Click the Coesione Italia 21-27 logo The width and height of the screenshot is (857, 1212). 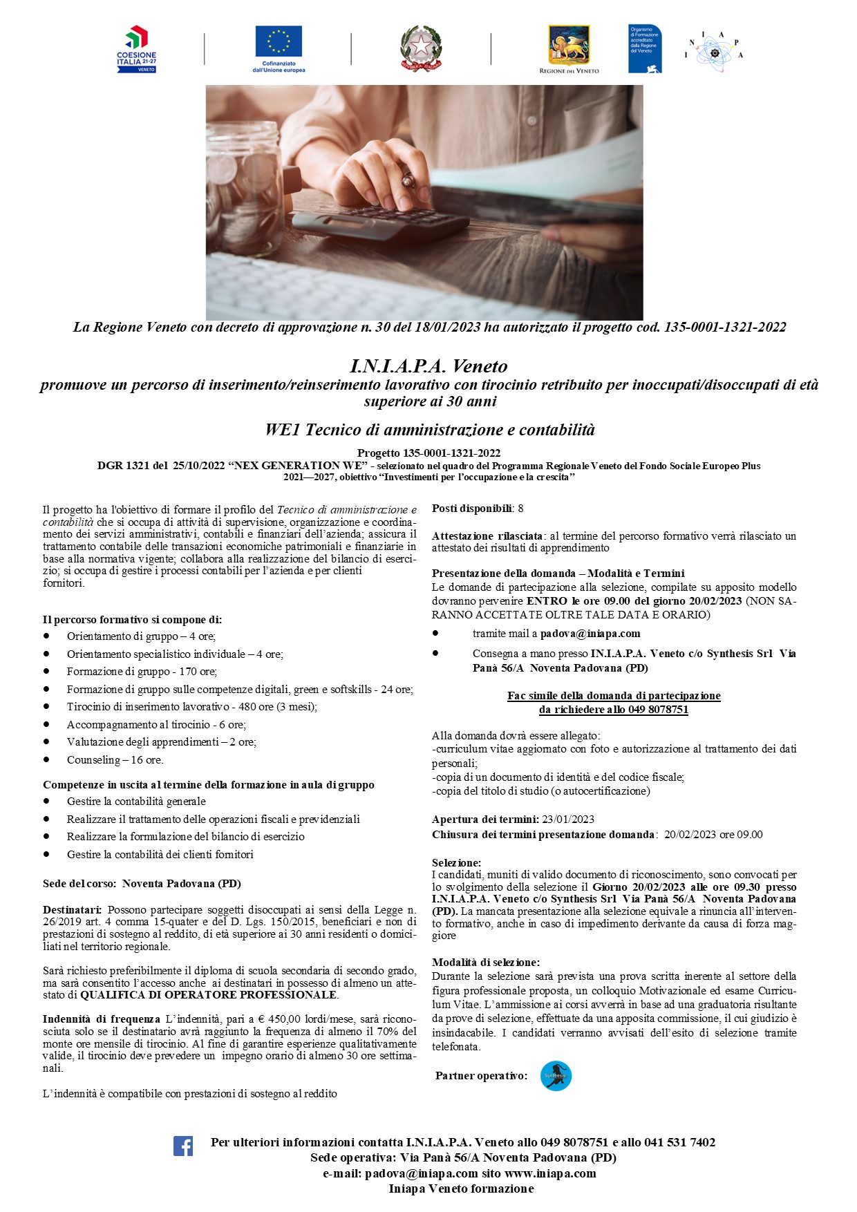click(x=137, y=49)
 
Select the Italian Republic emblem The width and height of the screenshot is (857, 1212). click(x=421, y=48)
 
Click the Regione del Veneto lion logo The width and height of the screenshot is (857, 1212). click(x=569, y=46)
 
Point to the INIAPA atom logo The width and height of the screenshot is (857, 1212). click(x=715, y=51)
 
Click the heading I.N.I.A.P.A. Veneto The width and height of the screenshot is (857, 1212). click(x=428, y=366)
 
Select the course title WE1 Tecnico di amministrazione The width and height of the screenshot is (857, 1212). click(x=429, y=430)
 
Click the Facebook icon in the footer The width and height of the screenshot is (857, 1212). click(x=183, y=1146)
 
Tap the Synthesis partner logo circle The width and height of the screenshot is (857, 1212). click(x=556, y=1076)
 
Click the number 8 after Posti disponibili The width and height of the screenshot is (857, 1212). click(x=520, y=509)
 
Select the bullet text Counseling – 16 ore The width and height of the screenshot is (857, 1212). click(x=115, y=760)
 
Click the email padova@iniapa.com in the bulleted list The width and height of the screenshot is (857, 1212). click(x=590, y=634)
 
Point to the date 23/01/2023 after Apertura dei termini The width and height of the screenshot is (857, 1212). click(x=568, y=820)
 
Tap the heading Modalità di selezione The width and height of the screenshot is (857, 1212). click(x=486, y=963)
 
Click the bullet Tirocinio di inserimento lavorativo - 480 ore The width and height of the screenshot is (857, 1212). click(x=191, y=707)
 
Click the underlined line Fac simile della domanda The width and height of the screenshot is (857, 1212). click(x=614, y=696)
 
